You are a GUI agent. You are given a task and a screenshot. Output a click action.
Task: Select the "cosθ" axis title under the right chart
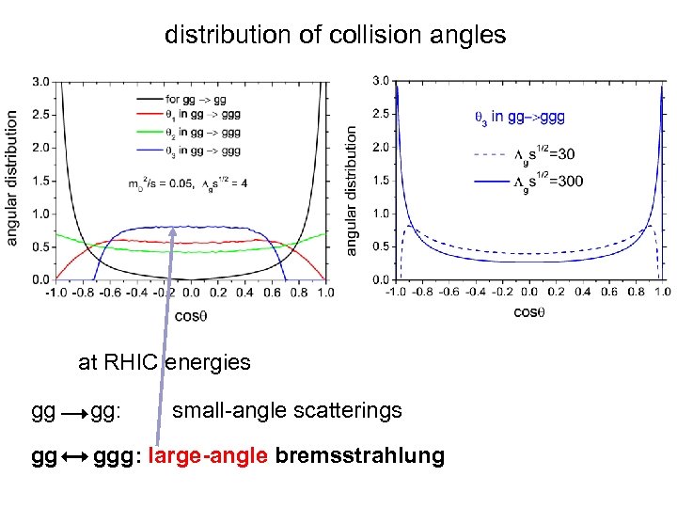(x=528, y=311)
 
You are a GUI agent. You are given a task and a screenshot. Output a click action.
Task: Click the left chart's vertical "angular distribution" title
(x=12, y=179)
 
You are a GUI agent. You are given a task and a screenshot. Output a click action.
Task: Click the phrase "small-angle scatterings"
(x=287, y=411)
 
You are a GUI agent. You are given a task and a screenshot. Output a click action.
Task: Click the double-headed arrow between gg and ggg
(x=72, y=457)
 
